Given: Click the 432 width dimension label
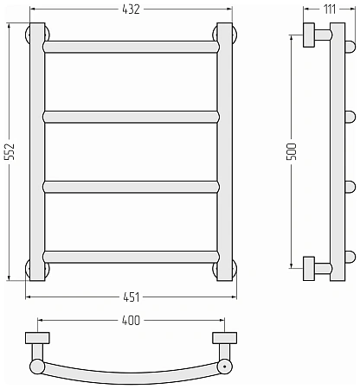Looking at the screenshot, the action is [x=131, y=10].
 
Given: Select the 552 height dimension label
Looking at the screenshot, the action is [x=10, y=151].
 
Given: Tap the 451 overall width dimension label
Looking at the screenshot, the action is [x=132, y=297].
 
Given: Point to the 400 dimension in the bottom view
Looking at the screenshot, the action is [x=131, y=320].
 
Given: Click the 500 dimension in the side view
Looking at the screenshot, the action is [x=292, y=151].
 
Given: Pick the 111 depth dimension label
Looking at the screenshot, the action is [x=329, y=10].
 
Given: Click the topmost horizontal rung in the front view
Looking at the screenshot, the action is [x=132, y=47].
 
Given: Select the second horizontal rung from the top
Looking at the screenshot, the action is [x=132, y=117].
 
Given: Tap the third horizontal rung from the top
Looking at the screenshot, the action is [x=132, y=187].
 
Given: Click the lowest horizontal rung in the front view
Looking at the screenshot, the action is [x=132, y=257].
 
